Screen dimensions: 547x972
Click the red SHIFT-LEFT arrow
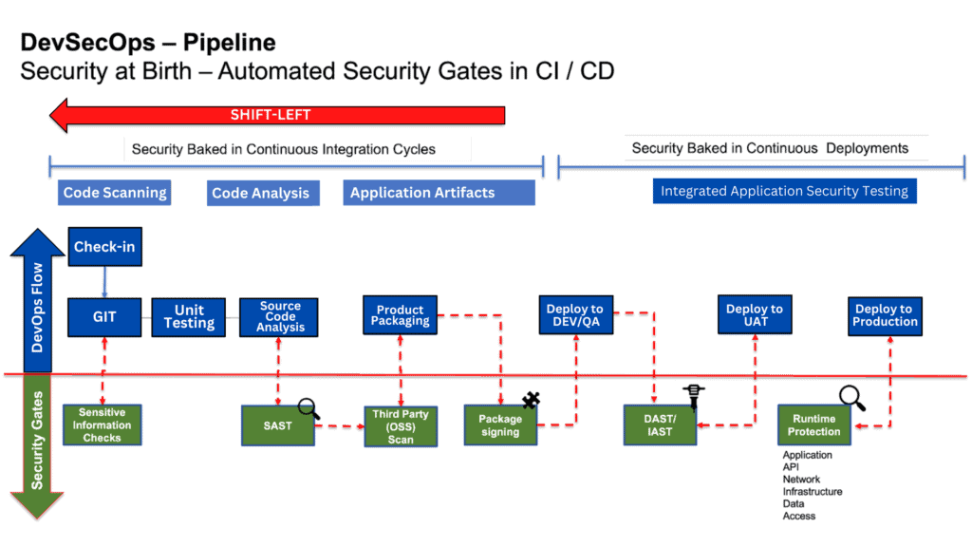[x=275, y=116]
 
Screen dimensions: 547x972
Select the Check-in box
[x=104, y=247]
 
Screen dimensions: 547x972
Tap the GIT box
[x=104, y=316]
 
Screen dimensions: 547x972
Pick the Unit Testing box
[x=189, y=316]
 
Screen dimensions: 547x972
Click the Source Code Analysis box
[x=280, y=316]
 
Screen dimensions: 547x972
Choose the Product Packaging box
[x=401, y=315]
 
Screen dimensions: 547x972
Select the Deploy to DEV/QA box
[x=574, y=315]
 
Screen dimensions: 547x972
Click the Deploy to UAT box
[x=755, y=315]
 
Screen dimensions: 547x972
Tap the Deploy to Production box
[x=885, y=315]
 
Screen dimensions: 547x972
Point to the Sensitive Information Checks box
[x=102, y=425]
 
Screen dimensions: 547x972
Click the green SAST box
[x=277, y=426]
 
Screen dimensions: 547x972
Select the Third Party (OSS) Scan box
[x=401, y=426]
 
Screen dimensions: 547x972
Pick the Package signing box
[x=499, y=425]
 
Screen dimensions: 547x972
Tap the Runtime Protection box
[x=813, y=425]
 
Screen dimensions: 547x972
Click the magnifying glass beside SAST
[x=309, y=409]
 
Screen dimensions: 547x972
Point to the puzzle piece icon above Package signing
[x=531, y=401]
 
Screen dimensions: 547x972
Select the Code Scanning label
[x=115, y=193]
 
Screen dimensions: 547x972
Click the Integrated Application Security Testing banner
[x=784, y=191]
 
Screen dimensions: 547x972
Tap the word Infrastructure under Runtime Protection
[x=812, y=492]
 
